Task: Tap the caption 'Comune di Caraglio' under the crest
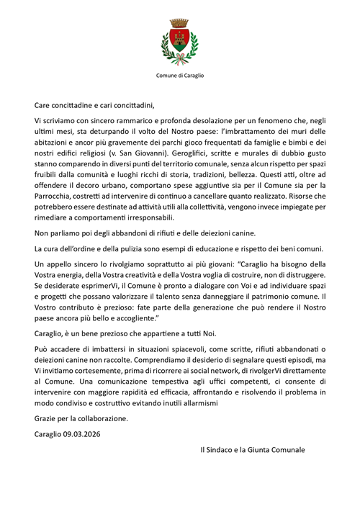point(179,75)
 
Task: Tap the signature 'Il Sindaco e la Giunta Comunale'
point(253,450)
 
